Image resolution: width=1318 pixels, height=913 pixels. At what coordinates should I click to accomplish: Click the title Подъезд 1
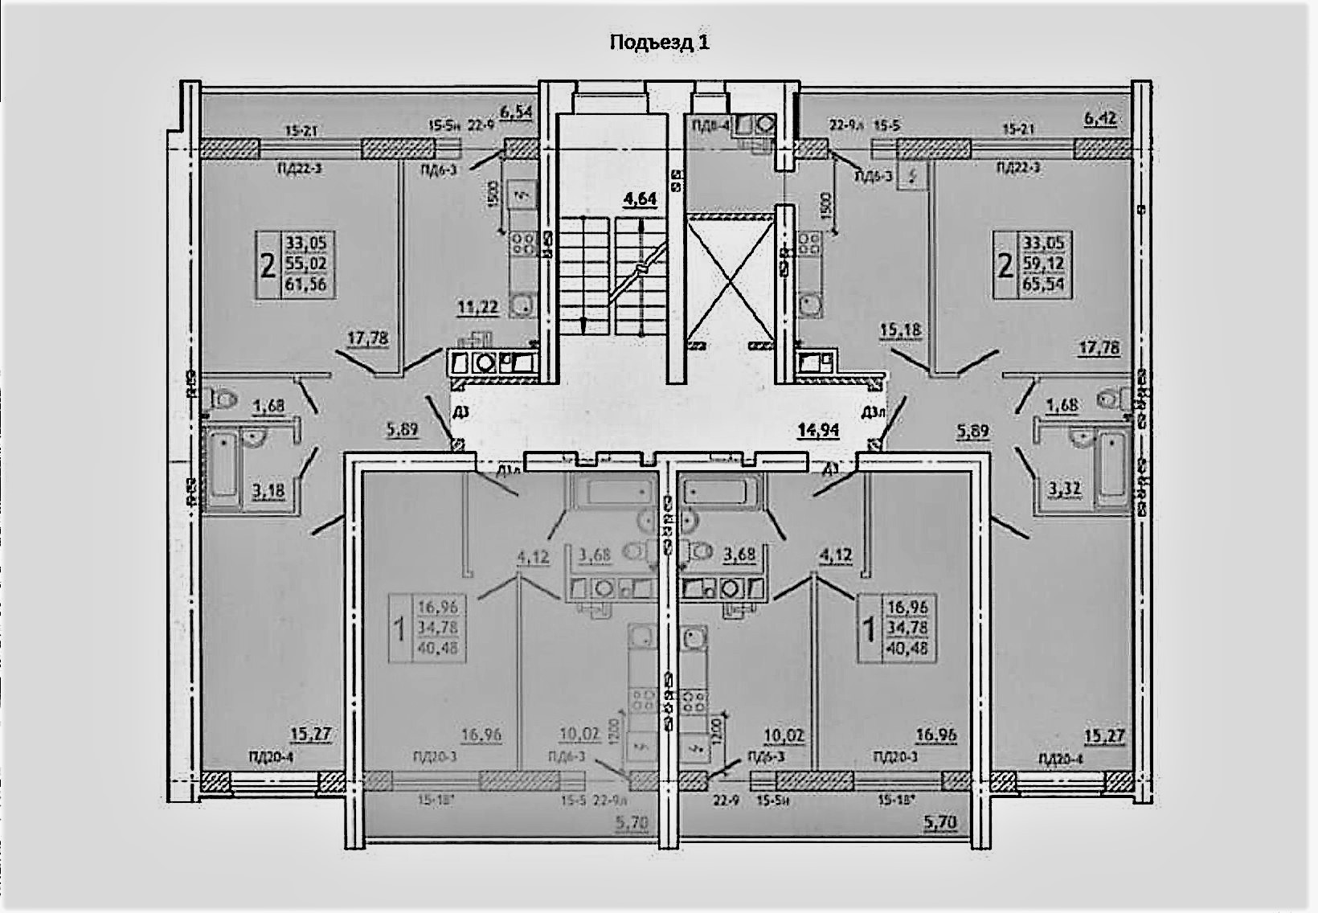(659, 42)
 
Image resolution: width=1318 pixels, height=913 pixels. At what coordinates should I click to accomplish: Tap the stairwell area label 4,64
(641, 198)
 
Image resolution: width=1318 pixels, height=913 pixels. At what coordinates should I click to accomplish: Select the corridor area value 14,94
(818, 430)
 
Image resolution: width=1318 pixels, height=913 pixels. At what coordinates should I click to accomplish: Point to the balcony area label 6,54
(517, 113)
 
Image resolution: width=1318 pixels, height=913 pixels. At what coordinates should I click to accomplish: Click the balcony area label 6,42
(1102, 119)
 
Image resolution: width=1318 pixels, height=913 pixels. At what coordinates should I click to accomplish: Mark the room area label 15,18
(900, 330)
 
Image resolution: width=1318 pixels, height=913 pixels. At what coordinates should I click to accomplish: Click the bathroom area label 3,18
(268, 489)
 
